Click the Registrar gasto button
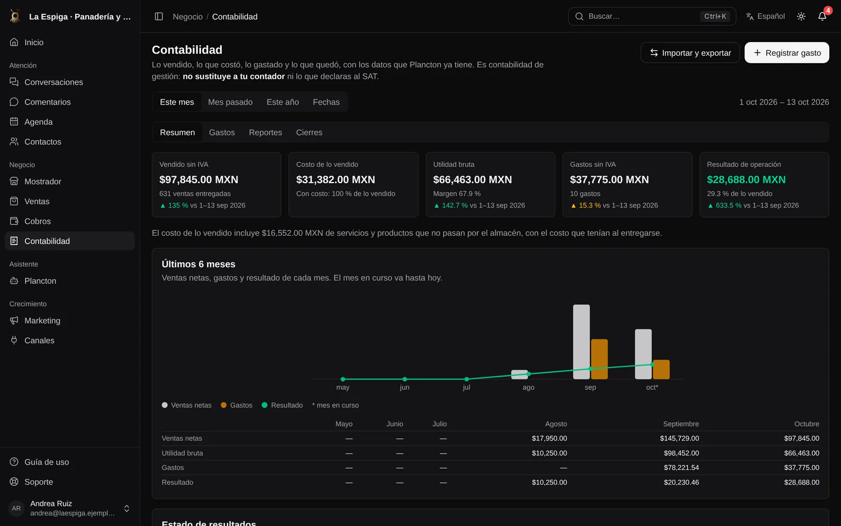click(786, 53)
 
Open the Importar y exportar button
click(690, 53)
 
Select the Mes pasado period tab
click(230, 102)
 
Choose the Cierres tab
click(309, 132)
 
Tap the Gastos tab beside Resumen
click(222, 132)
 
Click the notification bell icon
click(822, 16)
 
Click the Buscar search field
click(652, 16)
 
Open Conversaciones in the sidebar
click(54, 82)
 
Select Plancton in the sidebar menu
click(40, 281)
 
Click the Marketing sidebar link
click(42, 320)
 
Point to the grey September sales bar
click(581, 341)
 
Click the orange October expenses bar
click(661, 369)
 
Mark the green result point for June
click(404, 379)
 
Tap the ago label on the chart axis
click(528, 387)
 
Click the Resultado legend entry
click(282, 405)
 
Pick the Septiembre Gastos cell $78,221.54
click(681, 468)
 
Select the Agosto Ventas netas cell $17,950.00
click(549, 438)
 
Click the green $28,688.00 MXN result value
click(746, 179)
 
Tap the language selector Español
click(765, 16)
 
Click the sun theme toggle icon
click(801, 16)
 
